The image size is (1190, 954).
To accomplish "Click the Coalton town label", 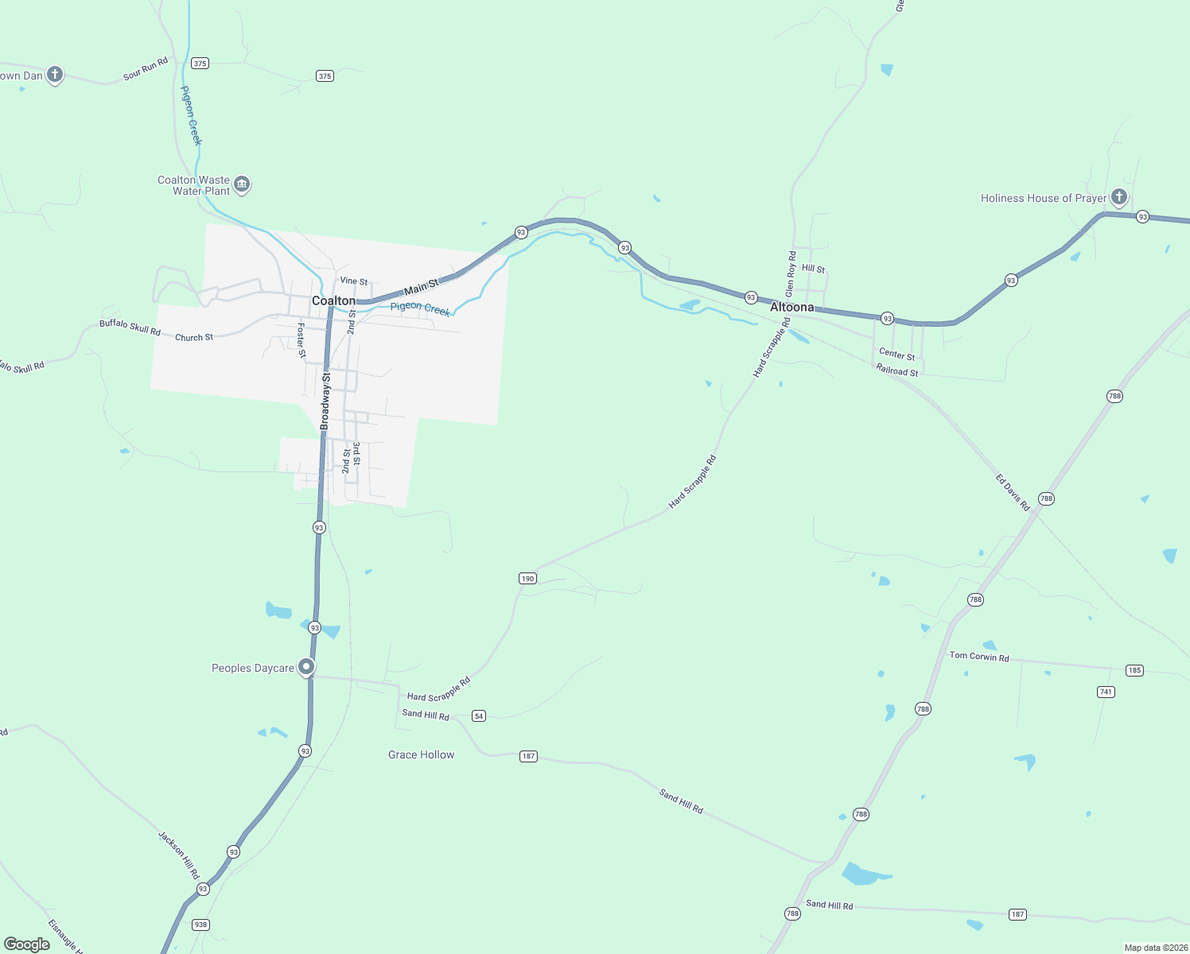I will tap(333, 301).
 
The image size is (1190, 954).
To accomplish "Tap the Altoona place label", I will tap(791, 307).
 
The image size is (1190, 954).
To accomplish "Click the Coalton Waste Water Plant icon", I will tap(243, 185).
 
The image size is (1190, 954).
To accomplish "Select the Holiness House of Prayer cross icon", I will tap(1118, 196).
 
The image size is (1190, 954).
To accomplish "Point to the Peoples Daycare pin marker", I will tap(306, 667).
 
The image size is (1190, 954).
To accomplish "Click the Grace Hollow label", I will tap(421, 754).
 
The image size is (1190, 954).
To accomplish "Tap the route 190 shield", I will tap(527, 578).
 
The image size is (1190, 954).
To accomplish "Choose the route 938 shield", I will tap(200, 925).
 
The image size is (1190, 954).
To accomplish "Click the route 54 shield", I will tap(478, 715).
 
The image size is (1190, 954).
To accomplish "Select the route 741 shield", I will tap(1106, 692).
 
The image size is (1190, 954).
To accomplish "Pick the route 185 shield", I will tap(1134, 670).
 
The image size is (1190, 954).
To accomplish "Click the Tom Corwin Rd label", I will tap(978, 656).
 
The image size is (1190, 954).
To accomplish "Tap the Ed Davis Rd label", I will tap(1012, 492).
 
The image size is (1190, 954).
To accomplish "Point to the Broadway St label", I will tap(325, 401).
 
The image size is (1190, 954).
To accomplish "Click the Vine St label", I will tap(354, 281).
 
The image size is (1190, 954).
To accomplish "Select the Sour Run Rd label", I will tap(146, 69).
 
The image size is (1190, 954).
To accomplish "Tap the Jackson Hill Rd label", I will tap(178, 855).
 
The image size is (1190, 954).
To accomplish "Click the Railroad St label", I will tap(896, 370).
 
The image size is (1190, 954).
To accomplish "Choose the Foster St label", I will tap(301, 339).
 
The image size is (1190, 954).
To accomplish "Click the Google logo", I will tap(27, 944).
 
